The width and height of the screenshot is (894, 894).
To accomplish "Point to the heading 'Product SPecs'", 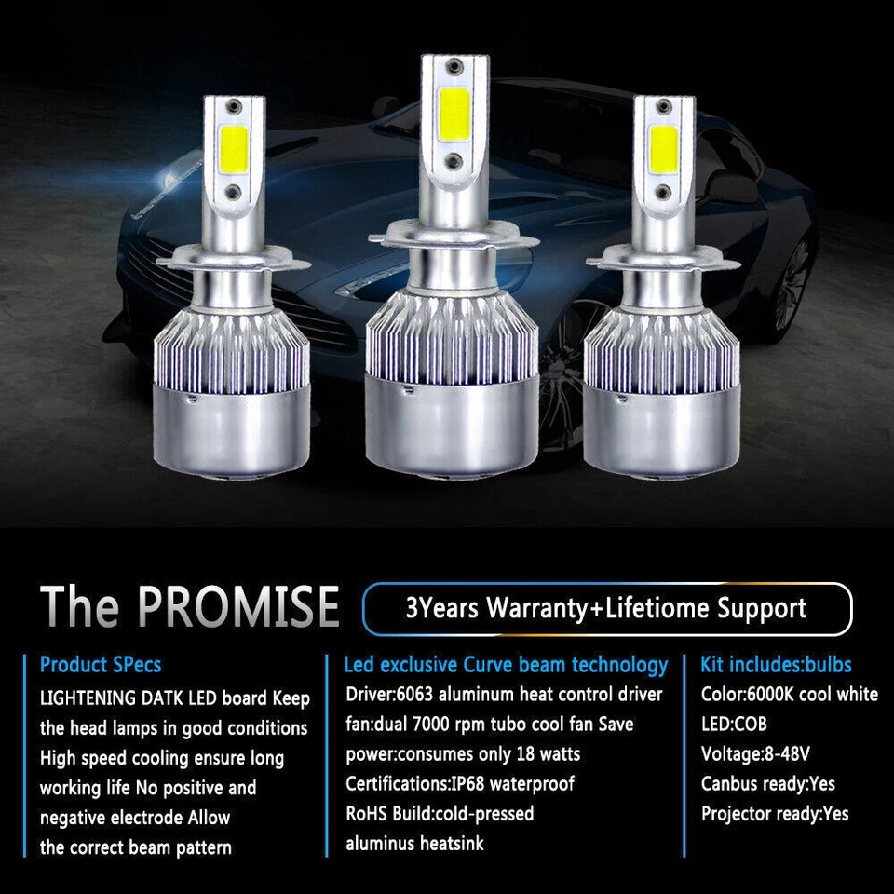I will [101, 665].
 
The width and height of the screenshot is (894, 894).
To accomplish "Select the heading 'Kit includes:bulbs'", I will [776, 665].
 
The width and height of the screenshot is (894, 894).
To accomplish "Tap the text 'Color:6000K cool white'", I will [789, 694].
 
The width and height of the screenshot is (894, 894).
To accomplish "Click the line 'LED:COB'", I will [734, 724].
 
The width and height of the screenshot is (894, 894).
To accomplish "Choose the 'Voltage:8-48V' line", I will [756, 753].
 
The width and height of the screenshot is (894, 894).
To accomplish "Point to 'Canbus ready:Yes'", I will [767, 783].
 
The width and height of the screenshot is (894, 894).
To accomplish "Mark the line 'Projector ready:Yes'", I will [775, 813].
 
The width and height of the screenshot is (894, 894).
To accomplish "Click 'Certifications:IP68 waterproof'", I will [460, 783].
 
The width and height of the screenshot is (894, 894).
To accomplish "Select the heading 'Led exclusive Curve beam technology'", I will [506, 665].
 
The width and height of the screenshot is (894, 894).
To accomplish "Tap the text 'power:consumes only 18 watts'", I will [463, 753].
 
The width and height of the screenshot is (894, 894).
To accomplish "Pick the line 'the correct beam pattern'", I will [136, 847].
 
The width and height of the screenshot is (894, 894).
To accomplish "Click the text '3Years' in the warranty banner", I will [442, 609].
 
